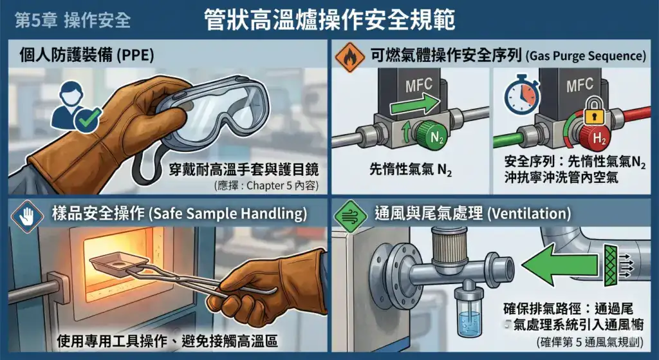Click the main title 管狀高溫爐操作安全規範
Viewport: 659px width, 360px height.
(329, 19)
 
